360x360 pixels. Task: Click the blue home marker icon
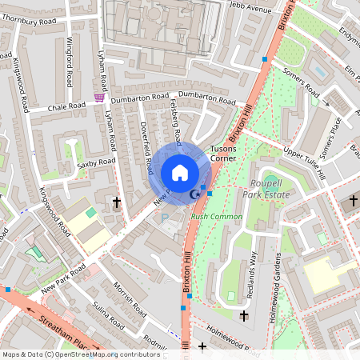(179, 172)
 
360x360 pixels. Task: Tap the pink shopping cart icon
(99, 98)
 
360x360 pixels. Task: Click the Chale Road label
(66, 106)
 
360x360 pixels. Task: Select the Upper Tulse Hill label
(304, 163)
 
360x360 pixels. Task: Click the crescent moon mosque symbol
(194, 194)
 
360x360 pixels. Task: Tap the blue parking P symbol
(166, 218)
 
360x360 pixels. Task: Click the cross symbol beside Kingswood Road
(117, 202)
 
